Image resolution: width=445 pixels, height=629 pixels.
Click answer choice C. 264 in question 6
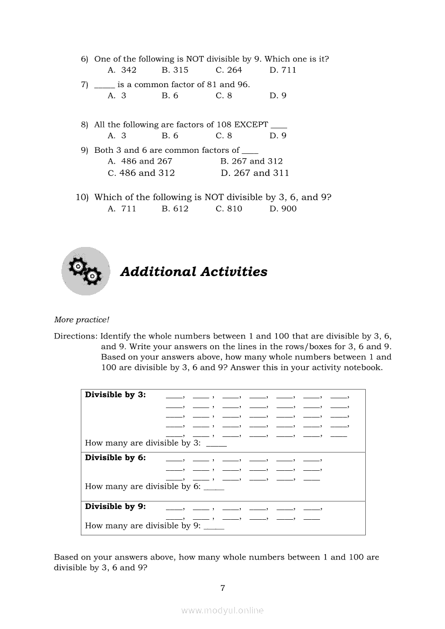click(x=229, y=70)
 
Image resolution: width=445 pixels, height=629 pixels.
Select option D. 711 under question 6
click(x=283, y=70)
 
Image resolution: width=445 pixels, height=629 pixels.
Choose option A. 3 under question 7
click(x=117, y=96)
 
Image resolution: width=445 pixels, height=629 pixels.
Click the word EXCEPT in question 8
click(x=251, y=125)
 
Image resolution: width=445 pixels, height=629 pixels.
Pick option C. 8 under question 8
click(x=224, y=136)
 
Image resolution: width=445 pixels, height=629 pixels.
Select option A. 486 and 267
click(x=140, y=161)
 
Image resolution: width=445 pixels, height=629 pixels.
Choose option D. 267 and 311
click(x=255, y=173)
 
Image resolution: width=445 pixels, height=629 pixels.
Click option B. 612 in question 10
click(x=175, y=209)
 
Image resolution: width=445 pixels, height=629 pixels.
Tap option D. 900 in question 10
click(x=283, y=209)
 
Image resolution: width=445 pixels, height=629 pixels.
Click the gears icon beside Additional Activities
click(x=85, y=271)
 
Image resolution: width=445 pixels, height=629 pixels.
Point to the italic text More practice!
click(x=81, y=320)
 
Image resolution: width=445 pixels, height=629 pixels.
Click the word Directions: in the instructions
click(x=75, y=336)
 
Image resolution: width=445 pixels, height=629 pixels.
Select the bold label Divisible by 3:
click(x=115, y=395)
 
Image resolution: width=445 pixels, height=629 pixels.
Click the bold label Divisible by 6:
click(x=115, y=458)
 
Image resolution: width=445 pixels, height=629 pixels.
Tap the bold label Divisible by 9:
click(x=115, y=507)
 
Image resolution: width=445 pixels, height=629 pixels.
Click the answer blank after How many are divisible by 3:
click(x=216, y=444)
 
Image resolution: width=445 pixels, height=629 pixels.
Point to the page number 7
click(x=222, y=588)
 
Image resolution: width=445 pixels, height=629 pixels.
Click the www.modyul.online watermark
click(x=222, y=611)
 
